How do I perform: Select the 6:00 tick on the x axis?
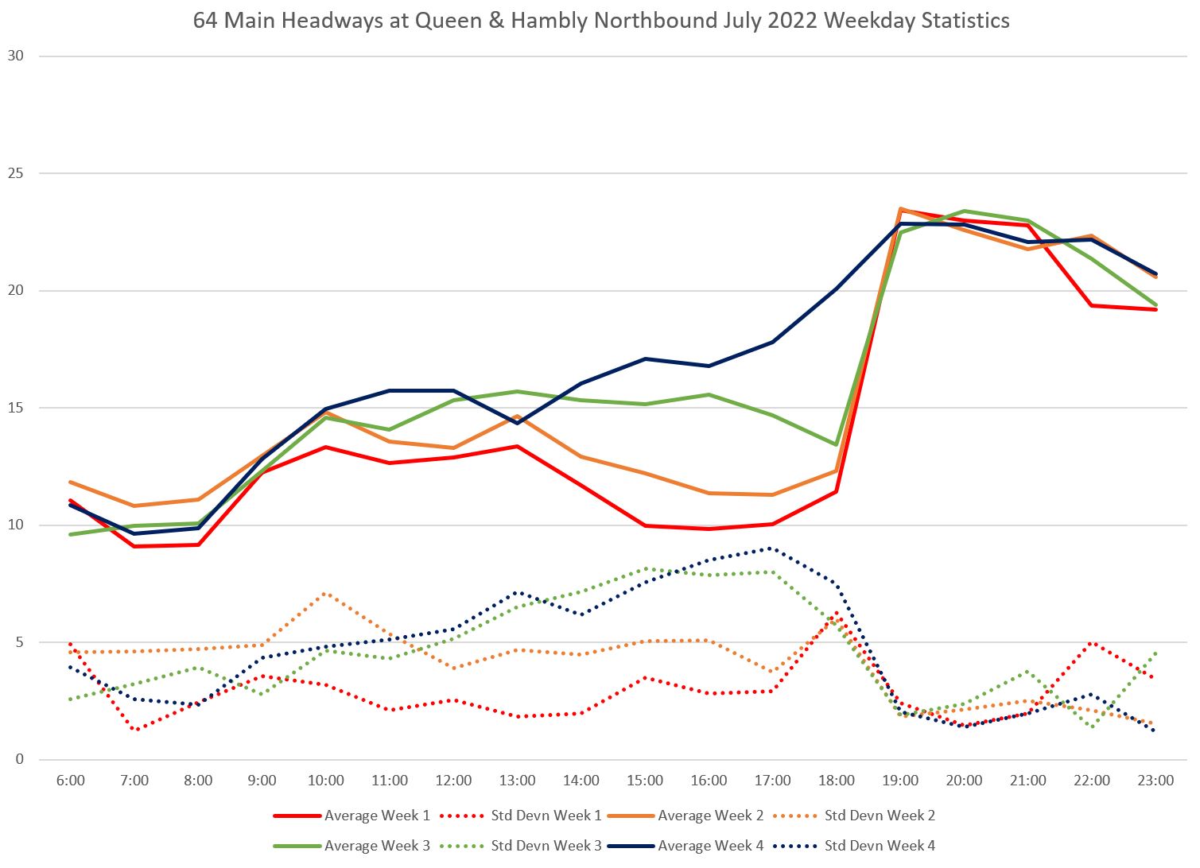[71, 781]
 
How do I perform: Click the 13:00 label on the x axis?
[518, 781]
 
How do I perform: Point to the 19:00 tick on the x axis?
[900, 781]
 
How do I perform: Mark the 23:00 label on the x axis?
[1155, 781]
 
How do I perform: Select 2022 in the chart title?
[798, 21]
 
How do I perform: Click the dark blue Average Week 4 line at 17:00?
[772, 342]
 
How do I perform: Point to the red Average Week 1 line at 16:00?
[709, 529]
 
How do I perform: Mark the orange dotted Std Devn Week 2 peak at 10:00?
[326, 594]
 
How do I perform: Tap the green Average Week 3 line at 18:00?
[836, 444]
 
